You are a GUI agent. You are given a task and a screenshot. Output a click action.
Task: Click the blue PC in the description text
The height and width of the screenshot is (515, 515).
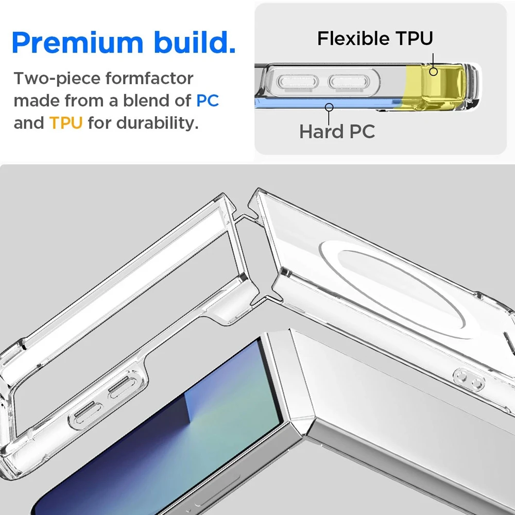(208, 100)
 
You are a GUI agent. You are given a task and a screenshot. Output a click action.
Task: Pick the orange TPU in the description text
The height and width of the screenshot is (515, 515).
(66, 124)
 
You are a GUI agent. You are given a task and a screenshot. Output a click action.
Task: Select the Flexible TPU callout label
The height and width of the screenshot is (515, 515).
(375, 38)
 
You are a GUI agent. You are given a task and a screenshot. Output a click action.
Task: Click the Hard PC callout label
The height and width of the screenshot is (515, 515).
(337, 132)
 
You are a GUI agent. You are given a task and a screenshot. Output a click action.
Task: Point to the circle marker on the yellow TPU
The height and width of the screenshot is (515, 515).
(434, 71)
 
